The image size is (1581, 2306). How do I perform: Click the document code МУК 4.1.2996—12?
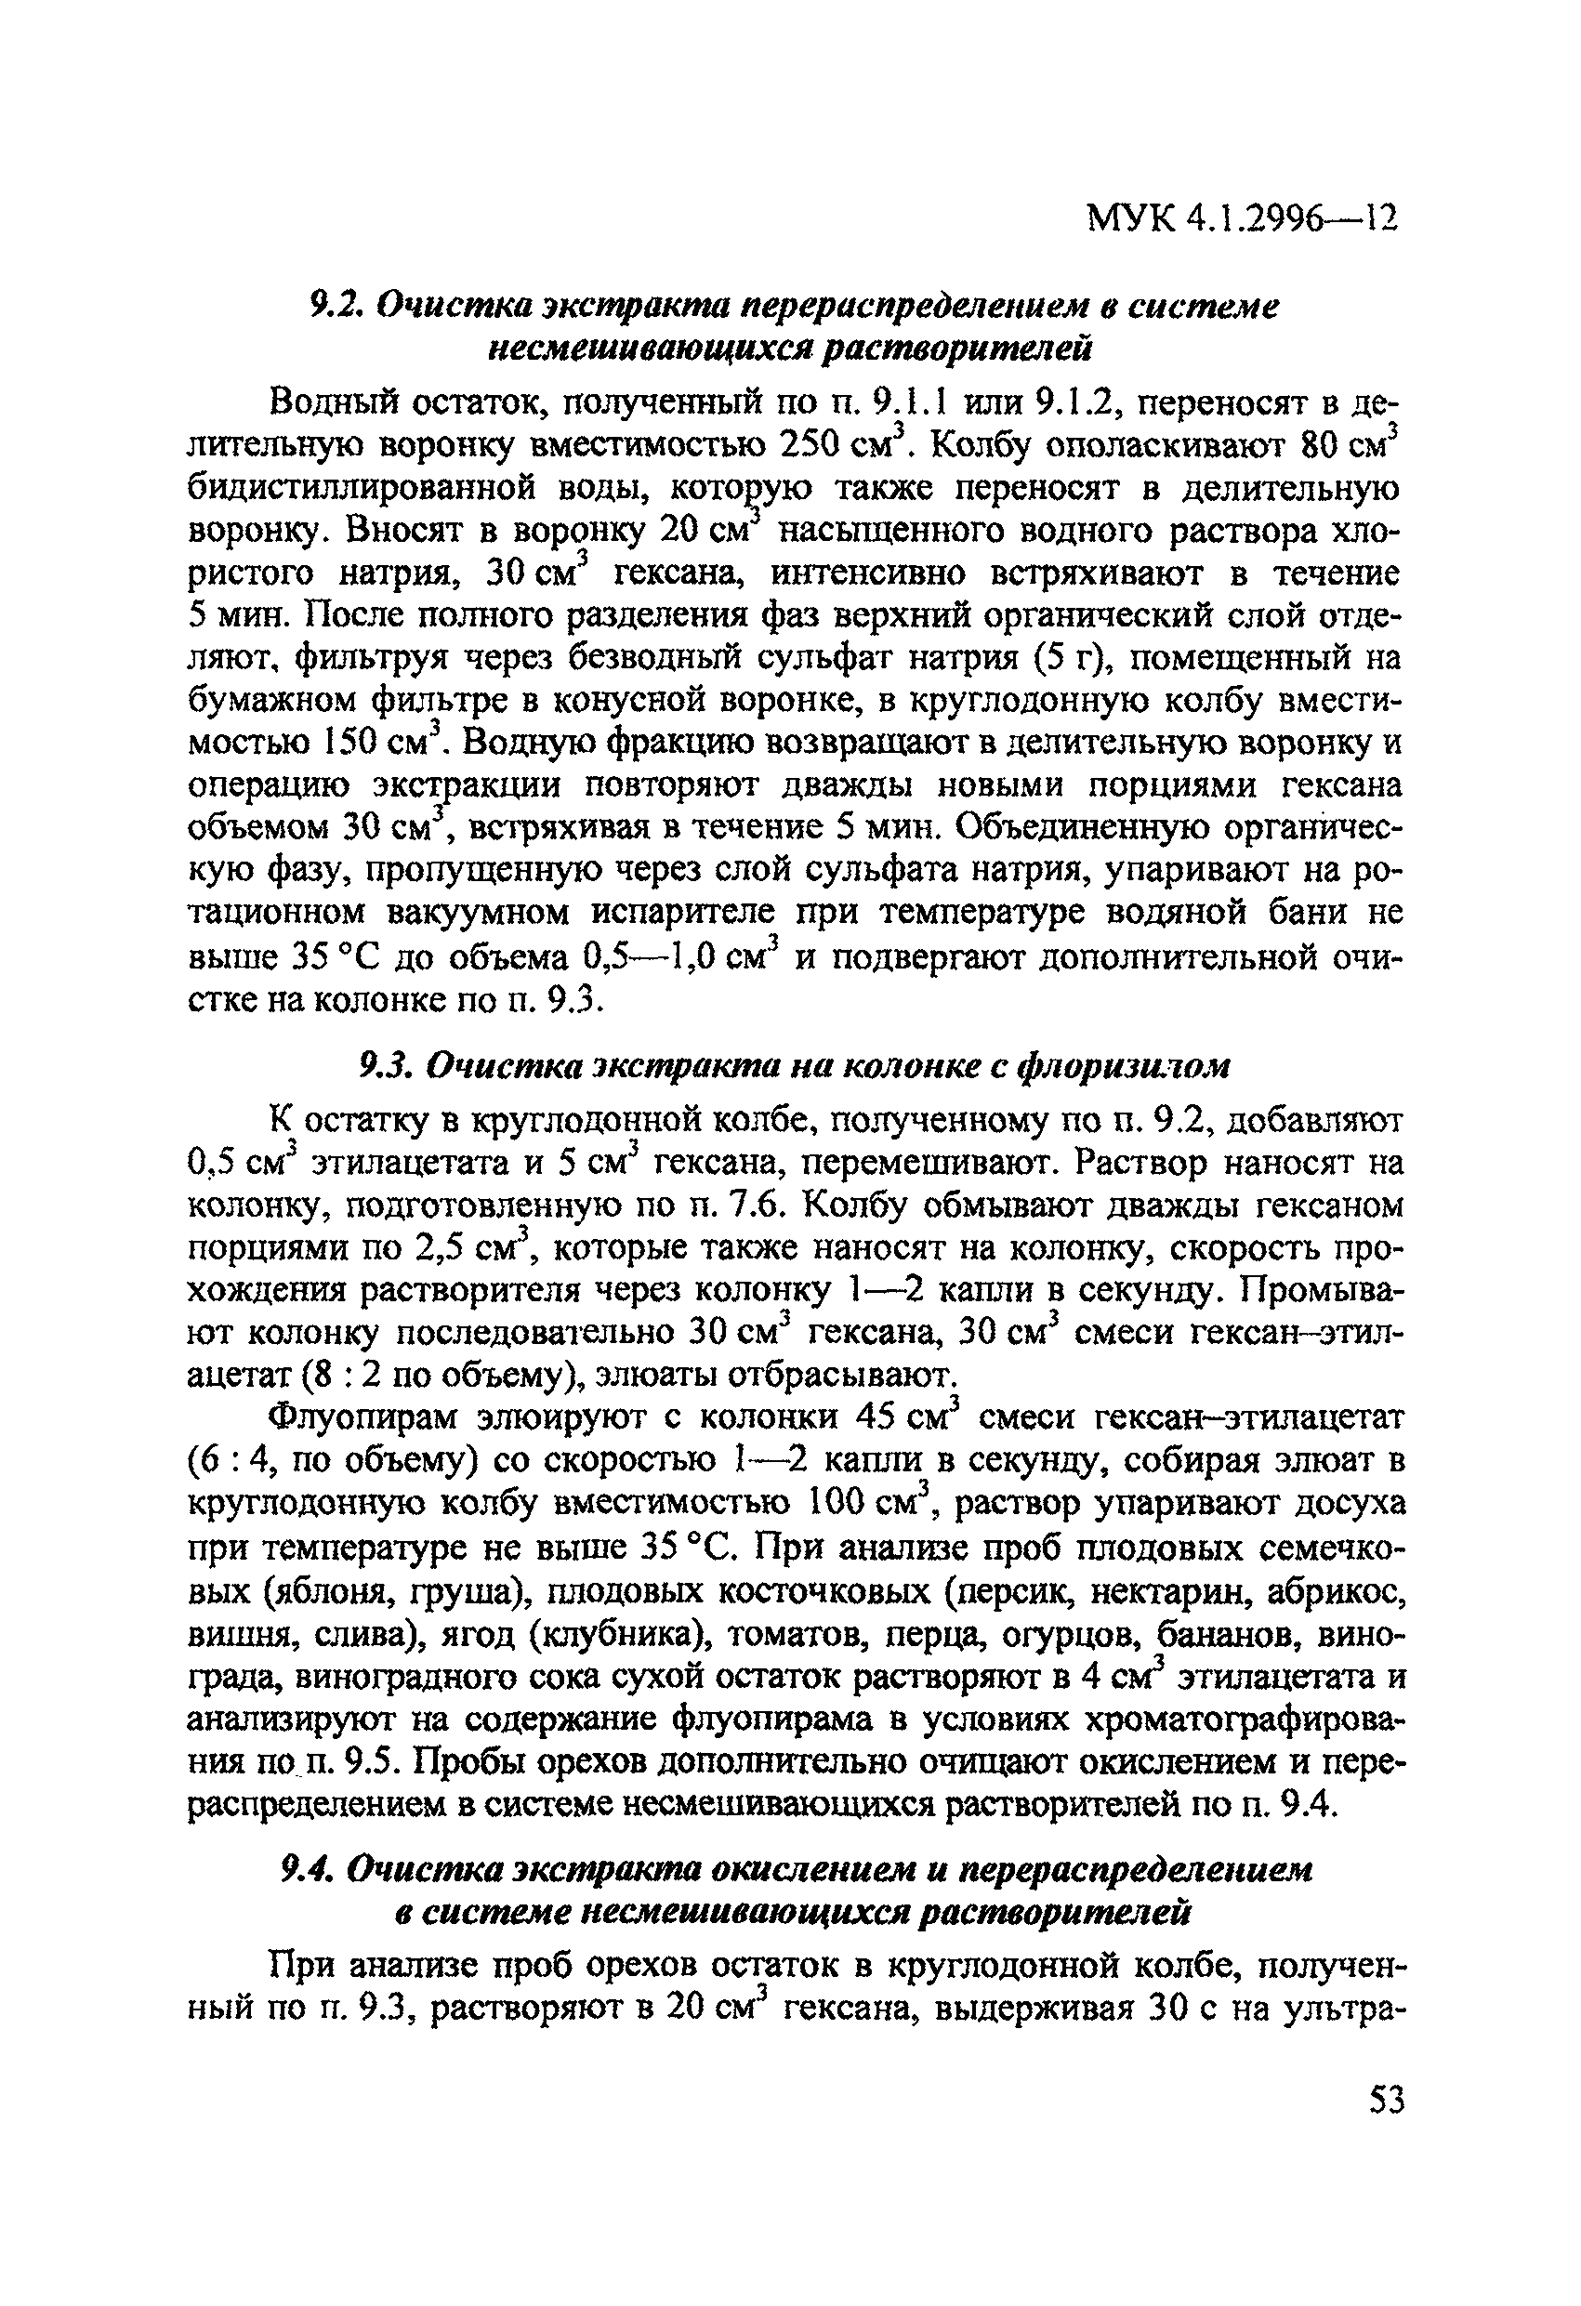1242,217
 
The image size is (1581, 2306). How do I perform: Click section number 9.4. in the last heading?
313,1870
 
